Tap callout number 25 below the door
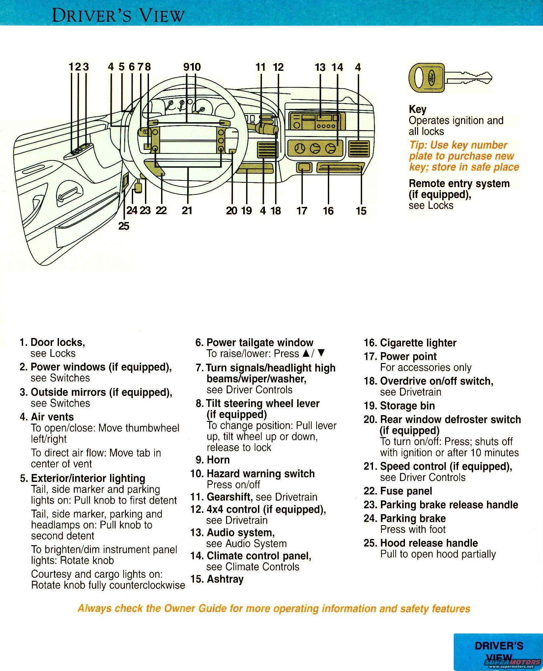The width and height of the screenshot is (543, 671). (124, 226)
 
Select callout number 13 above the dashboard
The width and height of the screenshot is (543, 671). (320, 68)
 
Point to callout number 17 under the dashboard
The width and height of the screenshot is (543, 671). (302, 211)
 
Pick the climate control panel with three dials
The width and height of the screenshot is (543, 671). (315, 149)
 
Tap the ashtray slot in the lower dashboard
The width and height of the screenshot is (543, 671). (341, 168)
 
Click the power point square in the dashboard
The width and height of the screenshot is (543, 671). (304, 168)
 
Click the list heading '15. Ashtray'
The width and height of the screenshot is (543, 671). (217, 579)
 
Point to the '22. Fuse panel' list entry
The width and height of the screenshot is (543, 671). (397, 491)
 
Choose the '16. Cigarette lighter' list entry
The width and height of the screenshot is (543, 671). (410, 343)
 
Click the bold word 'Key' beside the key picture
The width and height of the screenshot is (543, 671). (417, 109)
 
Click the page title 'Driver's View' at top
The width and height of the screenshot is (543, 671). (118, 15)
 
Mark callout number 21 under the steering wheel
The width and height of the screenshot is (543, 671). (187, 210)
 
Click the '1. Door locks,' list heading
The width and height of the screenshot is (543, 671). (52, 343)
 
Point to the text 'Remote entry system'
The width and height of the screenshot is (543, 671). (459, 183)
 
